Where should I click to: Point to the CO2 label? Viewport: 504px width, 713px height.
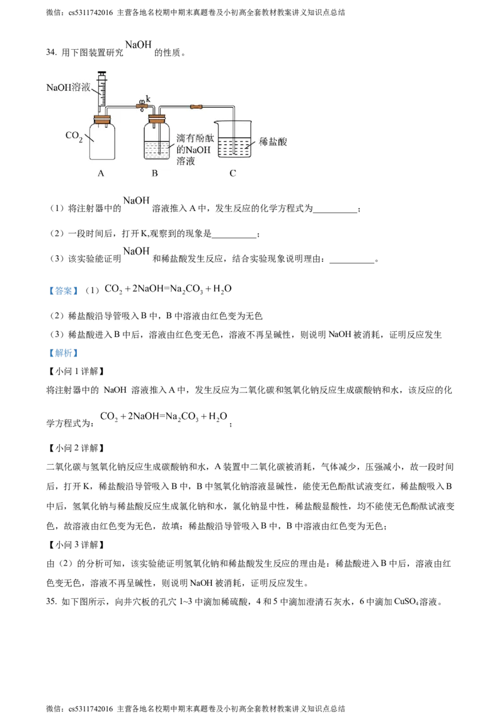(75, 136)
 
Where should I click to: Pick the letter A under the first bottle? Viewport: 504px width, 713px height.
(101, 173)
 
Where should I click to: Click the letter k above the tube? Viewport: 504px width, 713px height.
(149, 98)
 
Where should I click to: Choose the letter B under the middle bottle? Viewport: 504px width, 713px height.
(155, 173)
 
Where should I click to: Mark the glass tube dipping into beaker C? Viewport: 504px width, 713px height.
(234, 135)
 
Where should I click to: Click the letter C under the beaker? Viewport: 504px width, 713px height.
(232, 173)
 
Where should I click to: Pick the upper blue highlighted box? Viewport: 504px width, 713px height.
(63, 290)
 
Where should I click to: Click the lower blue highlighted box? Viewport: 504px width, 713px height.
(63, 353)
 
